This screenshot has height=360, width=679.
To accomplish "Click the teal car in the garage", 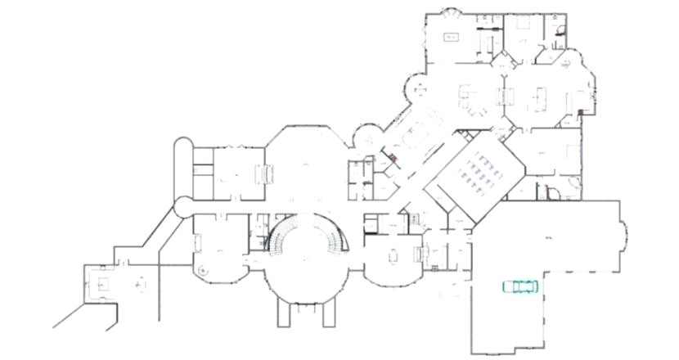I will click(519, 286).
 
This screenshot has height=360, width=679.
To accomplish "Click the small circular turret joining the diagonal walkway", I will click(182, 206).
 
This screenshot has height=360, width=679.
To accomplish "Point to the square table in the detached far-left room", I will click(103, 283).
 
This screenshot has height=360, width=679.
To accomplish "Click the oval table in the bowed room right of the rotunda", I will click(392, 255).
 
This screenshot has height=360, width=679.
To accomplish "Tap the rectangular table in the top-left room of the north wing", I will click(451, 37).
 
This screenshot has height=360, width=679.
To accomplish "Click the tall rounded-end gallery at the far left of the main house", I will click(183, 167).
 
